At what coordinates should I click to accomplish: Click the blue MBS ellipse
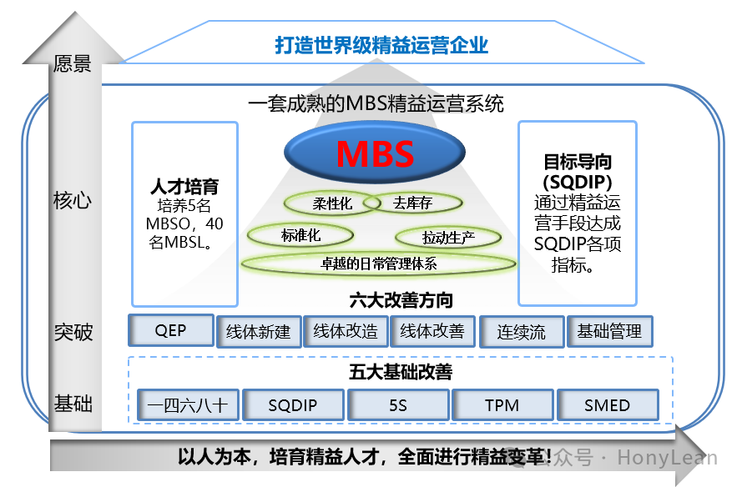[375, 154]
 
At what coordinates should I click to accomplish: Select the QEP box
[170, 330]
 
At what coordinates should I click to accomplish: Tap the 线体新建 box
[258, 331]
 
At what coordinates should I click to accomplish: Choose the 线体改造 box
[346, 331]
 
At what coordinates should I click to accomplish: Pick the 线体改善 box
[432, 331]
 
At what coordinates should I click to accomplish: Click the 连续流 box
[522, 331]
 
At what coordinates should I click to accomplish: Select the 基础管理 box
[609, 331]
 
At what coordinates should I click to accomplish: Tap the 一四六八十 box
[188, 405]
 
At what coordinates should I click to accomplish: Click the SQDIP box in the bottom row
[293, 405]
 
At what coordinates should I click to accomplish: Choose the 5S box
[397, 405]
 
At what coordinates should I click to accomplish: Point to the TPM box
[502, 405]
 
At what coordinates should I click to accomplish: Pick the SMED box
[607, 405]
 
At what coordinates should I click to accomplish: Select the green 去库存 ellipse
[411, 203]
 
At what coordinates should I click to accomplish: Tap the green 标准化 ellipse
[300, 235]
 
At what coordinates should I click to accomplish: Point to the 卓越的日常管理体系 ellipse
[379, 264]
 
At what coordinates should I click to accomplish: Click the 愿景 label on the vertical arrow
[72, 64]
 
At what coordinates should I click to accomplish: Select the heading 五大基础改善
[401, 373]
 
